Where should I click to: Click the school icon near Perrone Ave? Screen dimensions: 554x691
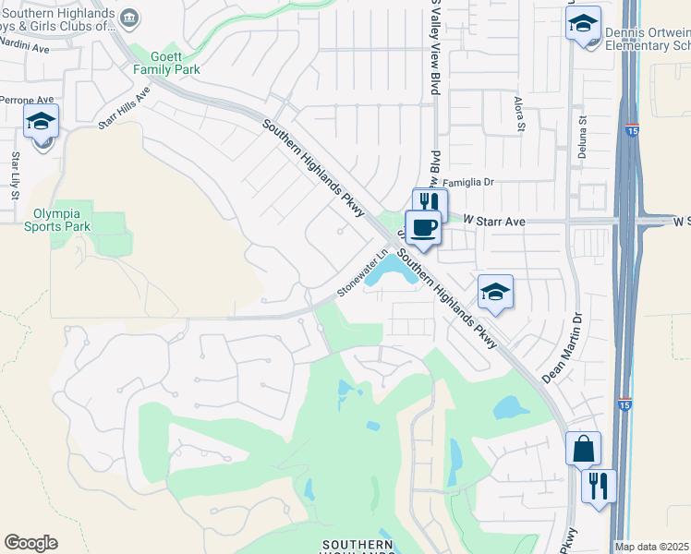[x=41, y=121]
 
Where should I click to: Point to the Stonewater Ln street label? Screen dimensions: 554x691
[x=360, y=276]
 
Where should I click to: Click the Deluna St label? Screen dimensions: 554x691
[x=583, y=134]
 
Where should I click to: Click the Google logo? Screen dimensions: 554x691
[x=30, y=543]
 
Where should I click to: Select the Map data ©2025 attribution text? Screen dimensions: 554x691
[x=652, y=547]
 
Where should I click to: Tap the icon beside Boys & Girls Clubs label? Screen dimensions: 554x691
[x=130, y=18]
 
